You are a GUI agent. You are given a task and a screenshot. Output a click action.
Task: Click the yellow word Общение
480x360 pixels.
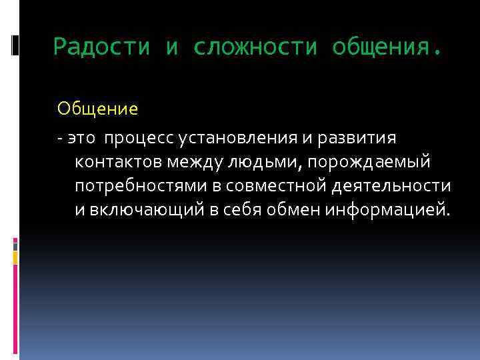[x=97, y=108]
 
